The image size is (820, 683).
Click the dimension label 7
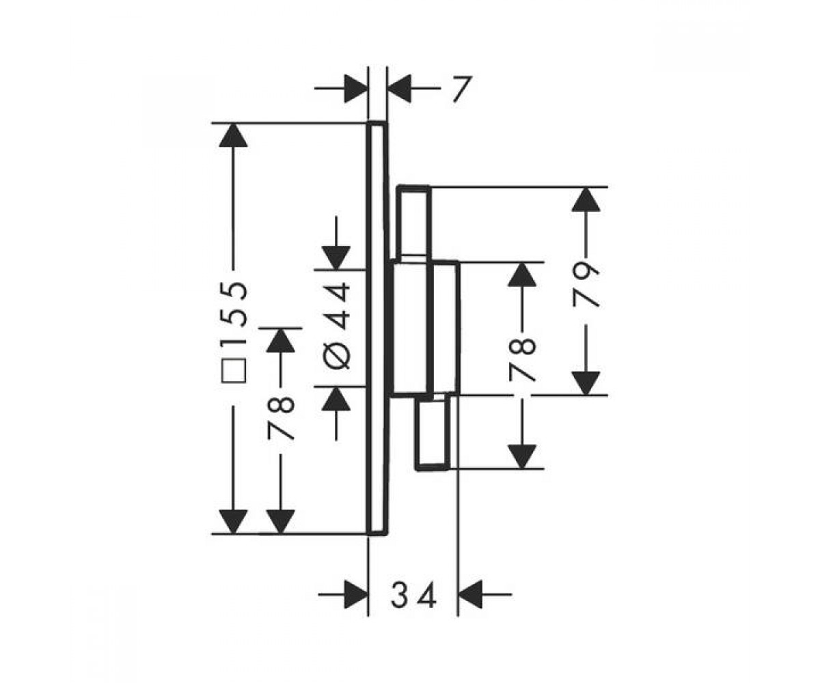462,89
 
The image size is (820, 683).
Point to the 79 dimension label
586,285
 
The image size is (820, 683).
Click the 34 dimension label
413,595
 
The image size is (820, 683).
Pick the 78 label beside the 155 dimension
280,418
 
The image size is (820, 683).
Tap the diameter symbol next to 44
337,354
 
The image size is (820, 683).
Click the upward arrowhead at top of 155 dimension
233,135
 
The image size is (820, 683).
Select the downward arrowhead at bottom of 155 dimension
233,522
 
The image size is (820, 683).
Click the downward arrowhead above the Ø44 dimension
336,258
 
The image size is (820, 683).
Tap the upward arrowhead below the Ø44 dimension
336,399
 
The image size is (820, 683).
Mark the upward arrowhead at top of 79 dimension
586,199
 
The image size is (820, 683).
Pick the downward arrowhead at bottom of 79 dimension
586,383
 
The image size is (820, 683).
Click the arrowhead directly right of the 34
471,595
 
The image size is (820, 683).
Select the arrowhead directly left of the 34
356,595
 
